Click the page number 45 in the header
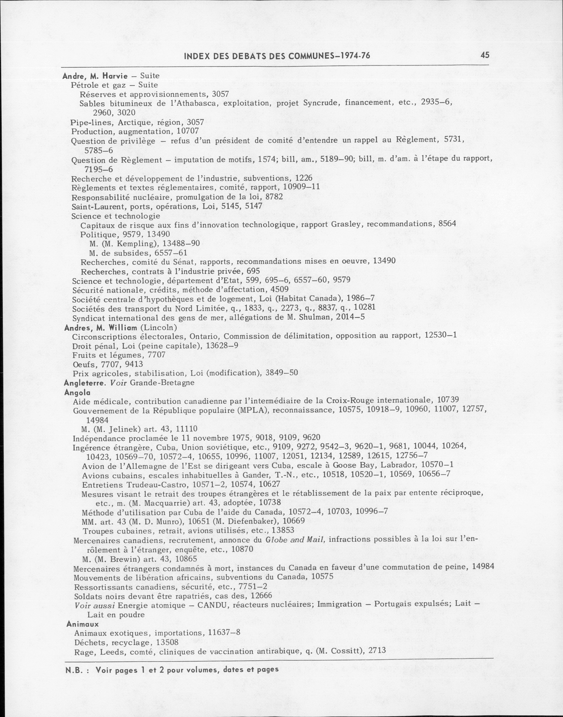485,55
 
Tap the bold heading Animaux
82,624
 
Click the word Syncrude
321,103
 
